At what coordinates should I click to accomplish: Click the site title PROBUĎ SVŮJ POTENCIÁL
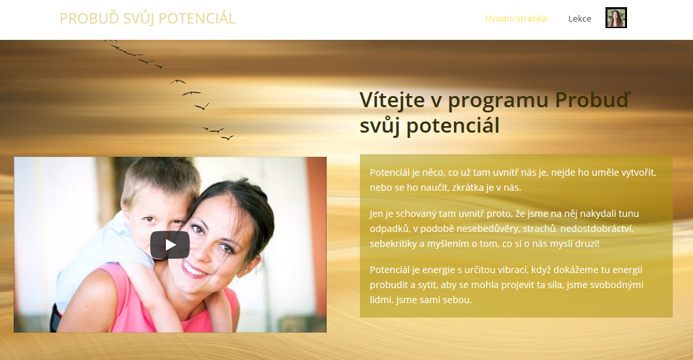pyautogui.click(x=148, y=18)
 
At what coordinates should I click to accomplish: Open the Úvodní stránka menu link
pyautogui.click(x=516, y=18)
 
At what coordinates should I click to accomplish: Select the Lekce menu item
pyautogui.click(x=579, y=18)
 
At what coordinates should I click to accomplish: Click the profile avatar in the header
pyautogui.click(x=616, y=18)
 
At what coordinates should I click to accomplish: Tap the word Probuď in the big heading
pyautogui.click(x=592, y=100)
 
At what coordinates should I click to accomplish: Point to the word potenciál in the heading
pyautogui.click(x=453, y=125)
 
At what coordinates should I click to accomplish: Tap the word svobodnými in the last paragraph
pyautogui.click(x=615, y=285)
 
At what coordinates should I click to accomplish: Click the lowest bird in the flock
pyautogui.click(x=227, y=139)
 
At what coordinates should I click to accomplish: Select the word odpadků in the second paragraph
pyautogui.click(x=389, y=229)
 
